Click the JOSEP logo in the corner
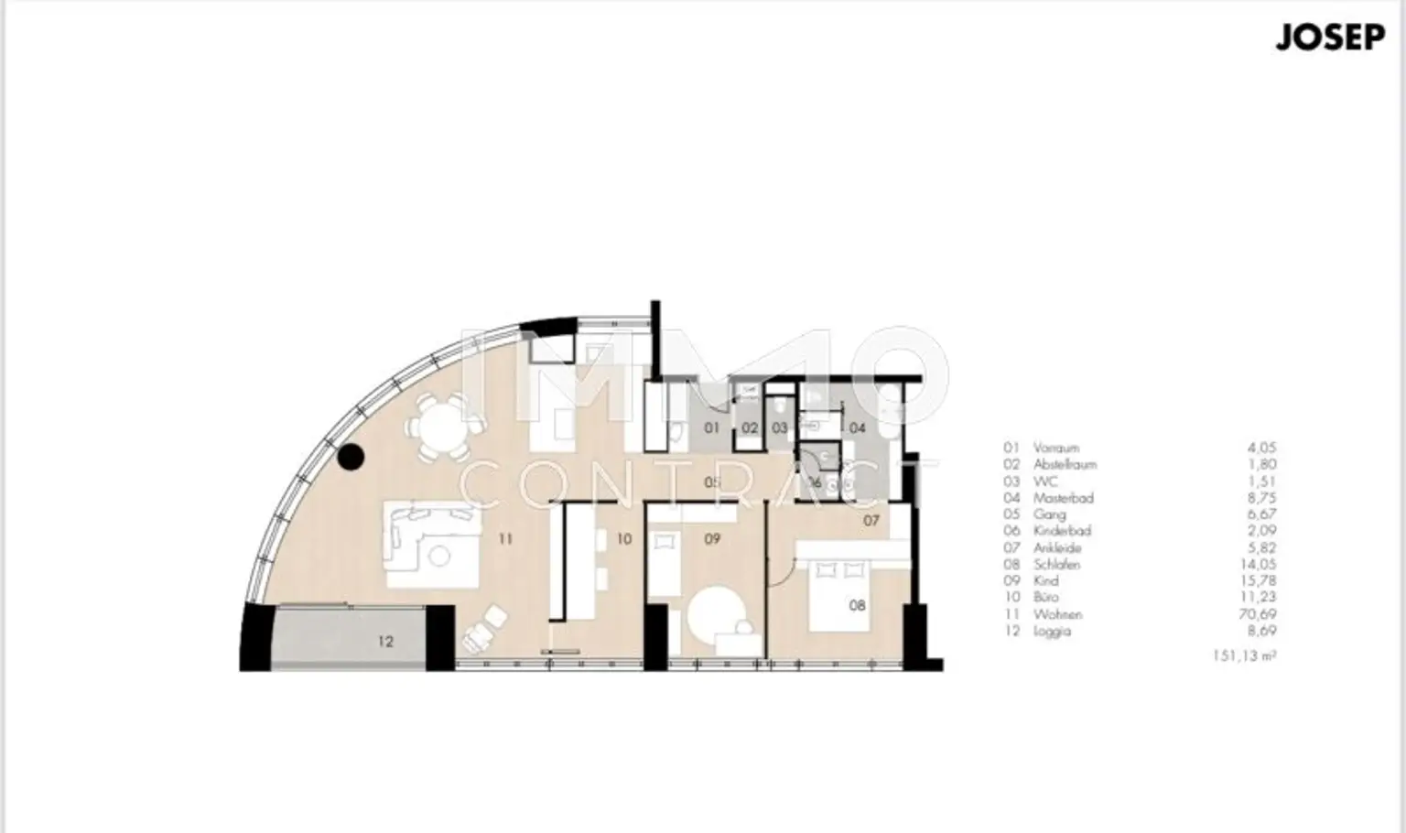[1329, 39]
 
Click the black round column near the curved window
[351, 458]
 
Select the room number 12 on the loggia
[385, 642]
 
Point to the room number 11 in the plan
[505, 539]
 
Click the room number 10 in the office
[623, 539]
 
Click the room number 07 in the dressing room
[871, 521]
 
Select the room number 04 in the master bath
[857, 427]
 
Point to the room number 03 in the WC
[779, 427]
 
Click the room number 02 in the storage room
[750, 427]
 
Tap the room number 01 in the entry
[712, 427]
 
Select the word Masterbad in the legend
[1063, 498]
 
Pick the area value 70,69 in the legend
[1260, 614]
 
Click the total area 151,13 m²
[1242, 655]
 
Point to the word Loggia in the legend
[1052, 631]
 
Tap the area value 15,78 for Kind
[1260, 580]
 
